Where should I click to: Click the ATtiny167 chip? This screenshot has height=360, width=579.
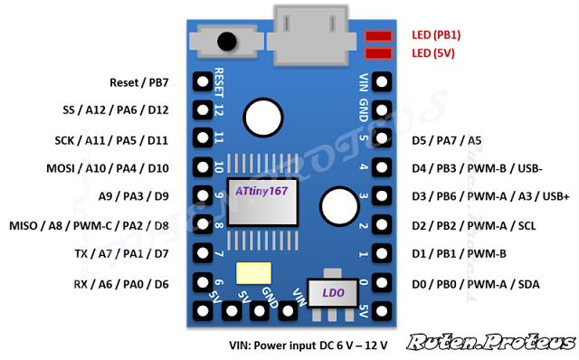[x=262, y=201]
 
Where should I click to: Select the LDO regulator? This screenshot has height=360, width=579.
[x=333, y=292]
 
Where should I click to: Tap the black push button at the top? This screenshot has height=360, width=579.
[x=225, y=41]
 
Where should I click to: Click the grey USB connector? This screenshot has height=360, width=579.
[x=310, y=31]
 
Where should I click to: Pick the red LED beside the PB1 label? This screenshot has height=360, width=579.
[x=378, y=35]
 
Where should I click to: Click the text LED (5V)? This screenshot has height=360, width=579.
[x=434, y=53]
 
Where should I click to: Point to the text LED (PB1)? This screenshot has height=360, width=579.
[x=436, y=34]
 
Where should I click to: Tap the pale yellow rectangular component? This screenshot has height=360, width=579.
[x=253, y=273]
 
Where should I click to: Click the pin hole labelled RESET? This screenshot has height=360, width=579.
[x=203, y=81]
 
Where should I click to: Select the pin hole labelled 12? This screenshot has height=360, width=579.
[x=203, y=109]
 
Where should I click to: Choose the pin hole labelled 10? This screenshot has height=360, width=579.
[x=203, y=167]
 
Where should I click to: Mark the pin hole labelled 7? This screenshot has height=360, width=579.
[x=203, y=253]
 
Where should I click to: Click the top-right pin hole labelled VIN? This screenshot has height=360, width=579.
[x=382, y=81]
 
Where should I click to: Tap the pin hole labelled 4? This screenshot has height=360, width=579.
[x=382, y=167]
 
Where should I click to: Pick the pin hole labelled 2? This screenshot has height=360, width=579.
[x=382, y=225]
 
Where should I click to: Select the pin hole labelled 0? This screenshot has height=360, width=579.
[x=382, y=282]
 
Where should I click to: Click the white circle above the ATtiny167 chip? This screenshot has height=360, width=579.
[x=262, y=116]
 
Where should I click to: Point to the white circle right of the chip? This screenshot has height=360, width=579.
[x=338, y=205]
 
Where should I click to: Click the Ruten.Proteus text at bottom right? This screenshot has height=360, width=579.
[x=490, y=342]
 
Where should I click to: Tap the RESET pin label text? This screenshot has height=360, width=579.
[x=219, y=82]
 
